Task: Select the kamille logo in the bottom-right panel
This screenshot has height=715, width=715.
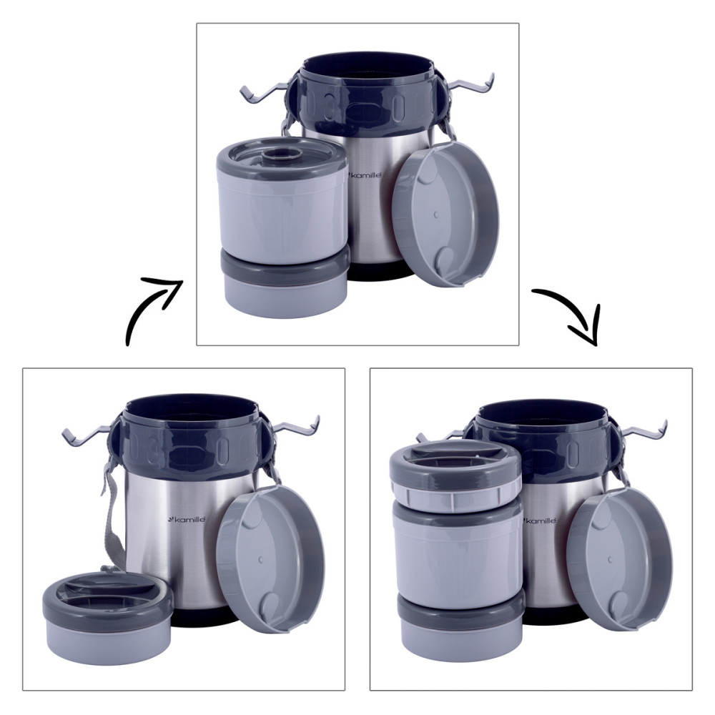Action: tap(541, 521)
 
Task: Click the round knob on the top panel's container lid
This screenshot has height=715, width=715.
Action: tap(283, 156)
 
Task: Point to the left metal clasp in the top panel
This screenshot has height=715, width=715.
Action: tap(265, 94)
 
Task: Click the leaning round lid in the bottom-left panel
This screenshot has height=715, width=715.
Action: tap(270, 558)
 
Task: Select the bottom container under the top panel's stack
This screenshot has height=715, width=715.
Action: tap(285, 282)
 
